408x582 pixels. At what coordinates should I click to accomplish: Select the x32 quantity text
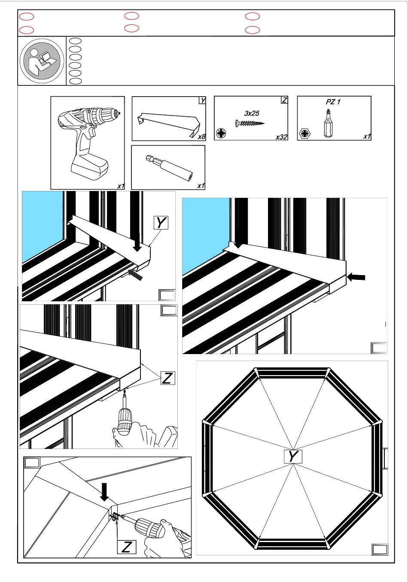tap(281, 137)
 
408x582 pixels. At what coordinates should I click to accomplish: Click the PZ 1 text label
tap(333, 102)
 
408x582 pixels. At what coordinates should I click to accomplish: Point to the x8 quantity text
tap(201, 137)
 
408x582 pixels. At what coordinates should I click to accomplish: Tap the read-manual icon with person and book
tap(42, 61)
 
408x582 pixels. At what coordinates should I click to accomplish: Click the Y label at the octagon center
tap(293, 456)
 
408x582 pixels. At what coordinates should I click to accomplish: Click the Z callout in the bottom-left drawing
tap(127, 547)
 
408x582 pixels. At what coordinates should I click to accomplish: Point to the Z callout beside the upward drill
tap(167, 378)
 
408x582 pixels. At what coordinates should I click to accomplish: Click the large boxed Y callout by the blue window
tap(161, 223)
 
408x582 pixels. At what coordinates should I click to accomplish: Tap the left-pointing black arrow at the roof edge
tap(356, 277)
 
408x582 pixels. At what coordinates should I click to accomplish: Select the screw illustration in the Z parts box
tap(250, 123)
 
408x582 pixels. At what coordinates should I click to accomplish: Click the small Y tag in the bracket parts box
tap(203, 100)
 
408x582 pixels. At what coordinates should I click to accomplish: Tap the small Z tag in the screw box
tap(284, 100)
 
